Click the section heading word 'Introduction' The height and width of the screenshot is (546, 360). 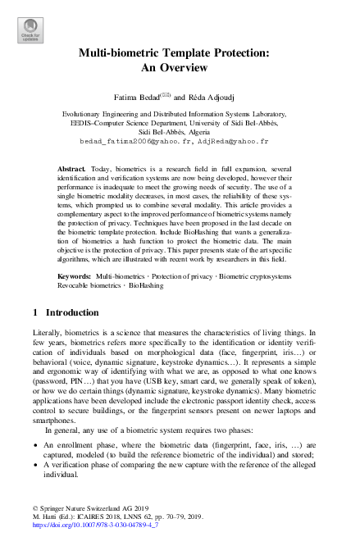click(x=72, y=312)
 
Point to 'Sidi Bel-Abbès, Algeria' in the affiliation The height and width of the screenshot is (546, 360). click(x=180, y=132)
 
